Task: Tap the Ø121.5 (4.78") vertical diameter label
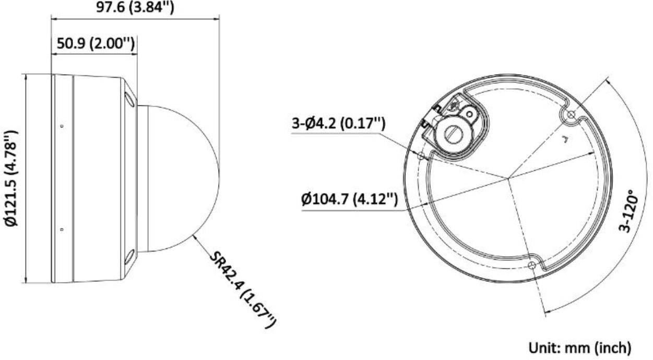pos(13,178)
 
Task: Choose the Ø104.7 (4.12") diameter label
pos(350,199)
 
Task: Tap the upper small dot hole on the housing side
pos(62,126)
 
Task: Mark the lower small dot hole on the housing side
pos(62,229)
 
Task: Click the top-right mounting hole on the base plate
pos(570,114)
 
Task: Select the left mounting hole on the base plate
pos(421,155)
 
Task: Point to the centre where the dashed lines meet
pos(507,178)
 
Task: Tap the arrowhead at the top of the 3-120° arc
pos(608,80)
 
